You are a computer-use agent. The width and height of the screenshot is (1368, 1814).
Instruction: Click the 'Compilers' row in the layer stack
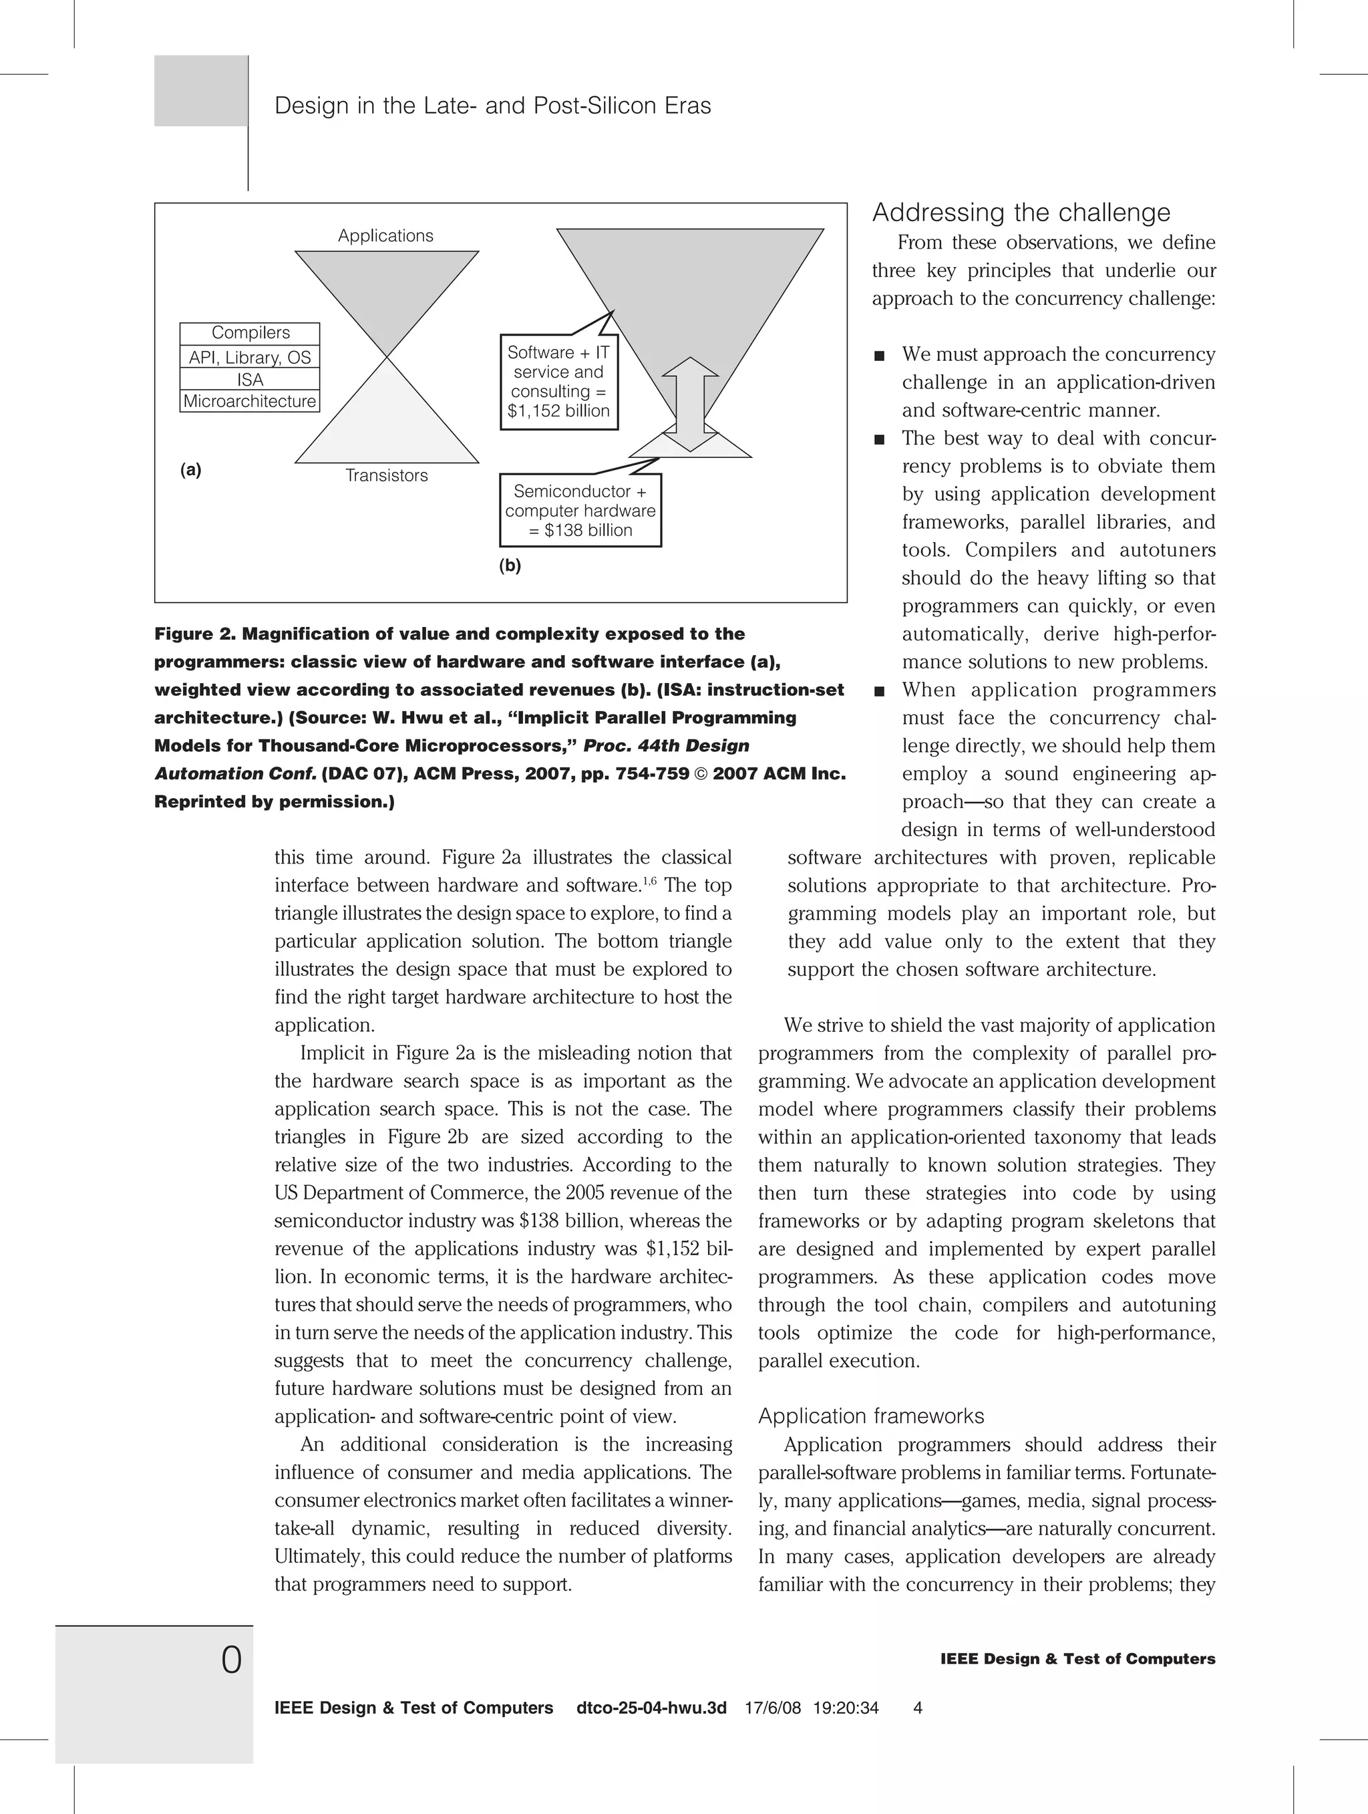(250, 333)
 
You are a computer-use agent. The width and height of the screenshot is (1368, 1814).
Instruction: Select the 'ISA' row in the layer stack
(250, 380)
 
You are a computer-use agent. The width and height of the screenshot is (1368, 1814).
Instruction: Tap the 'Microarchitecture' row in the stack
(250, 401)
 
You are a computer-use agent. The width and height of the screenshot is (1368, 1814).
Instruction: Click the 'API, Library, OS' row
(250, 358)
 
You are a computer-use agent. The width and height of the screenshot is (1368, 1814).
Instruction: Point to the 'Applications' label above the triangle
(385, 236)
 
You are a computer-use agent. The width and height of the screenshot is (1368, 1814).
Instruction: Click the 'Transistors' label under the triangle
(386, 476)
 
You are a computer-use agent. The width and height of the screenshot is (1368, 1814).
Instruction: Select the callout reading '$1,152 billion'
(558, 382)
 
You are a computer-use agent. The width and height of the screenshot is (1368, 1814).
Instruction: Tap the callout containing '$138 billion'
(580, 510)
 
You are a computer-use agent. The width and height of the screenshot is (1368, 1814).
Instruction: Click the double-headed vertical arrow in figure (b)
(690, 404)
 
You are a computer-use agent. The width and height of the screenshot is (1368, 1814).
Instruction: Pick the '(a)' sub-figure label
(190, 470)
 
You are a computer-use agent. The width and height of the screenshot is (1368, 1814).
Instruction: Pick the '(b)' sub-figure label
(510, 565)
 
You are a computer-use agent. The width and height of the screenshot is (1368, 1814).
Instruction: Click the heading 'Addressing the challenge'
(1021, 213)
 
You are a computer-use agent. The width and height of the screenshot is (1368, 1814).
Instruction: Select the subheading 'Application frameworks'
(870, 1416)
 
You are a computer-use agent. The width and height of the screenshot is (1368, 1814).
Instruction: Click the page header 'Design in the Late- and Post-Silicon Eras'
(492, 106)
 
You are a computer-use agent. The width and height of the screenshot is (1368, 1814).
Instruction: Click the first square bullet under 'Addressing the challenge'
(880, 356)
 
